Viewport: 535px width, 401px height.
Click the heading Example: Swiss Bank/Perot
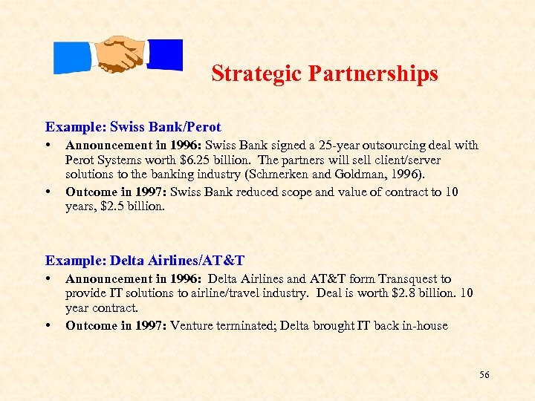point(133,127)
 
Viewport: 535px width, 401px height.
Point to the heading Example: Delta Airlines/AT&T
point(145,261)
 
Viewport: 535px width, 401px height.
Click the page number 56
point(484,375)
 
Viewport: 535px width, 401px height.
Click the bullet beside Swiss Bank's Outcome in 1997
point(48,191)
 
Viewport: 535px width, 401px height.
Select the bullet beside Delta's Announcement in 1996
point(48,279)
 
